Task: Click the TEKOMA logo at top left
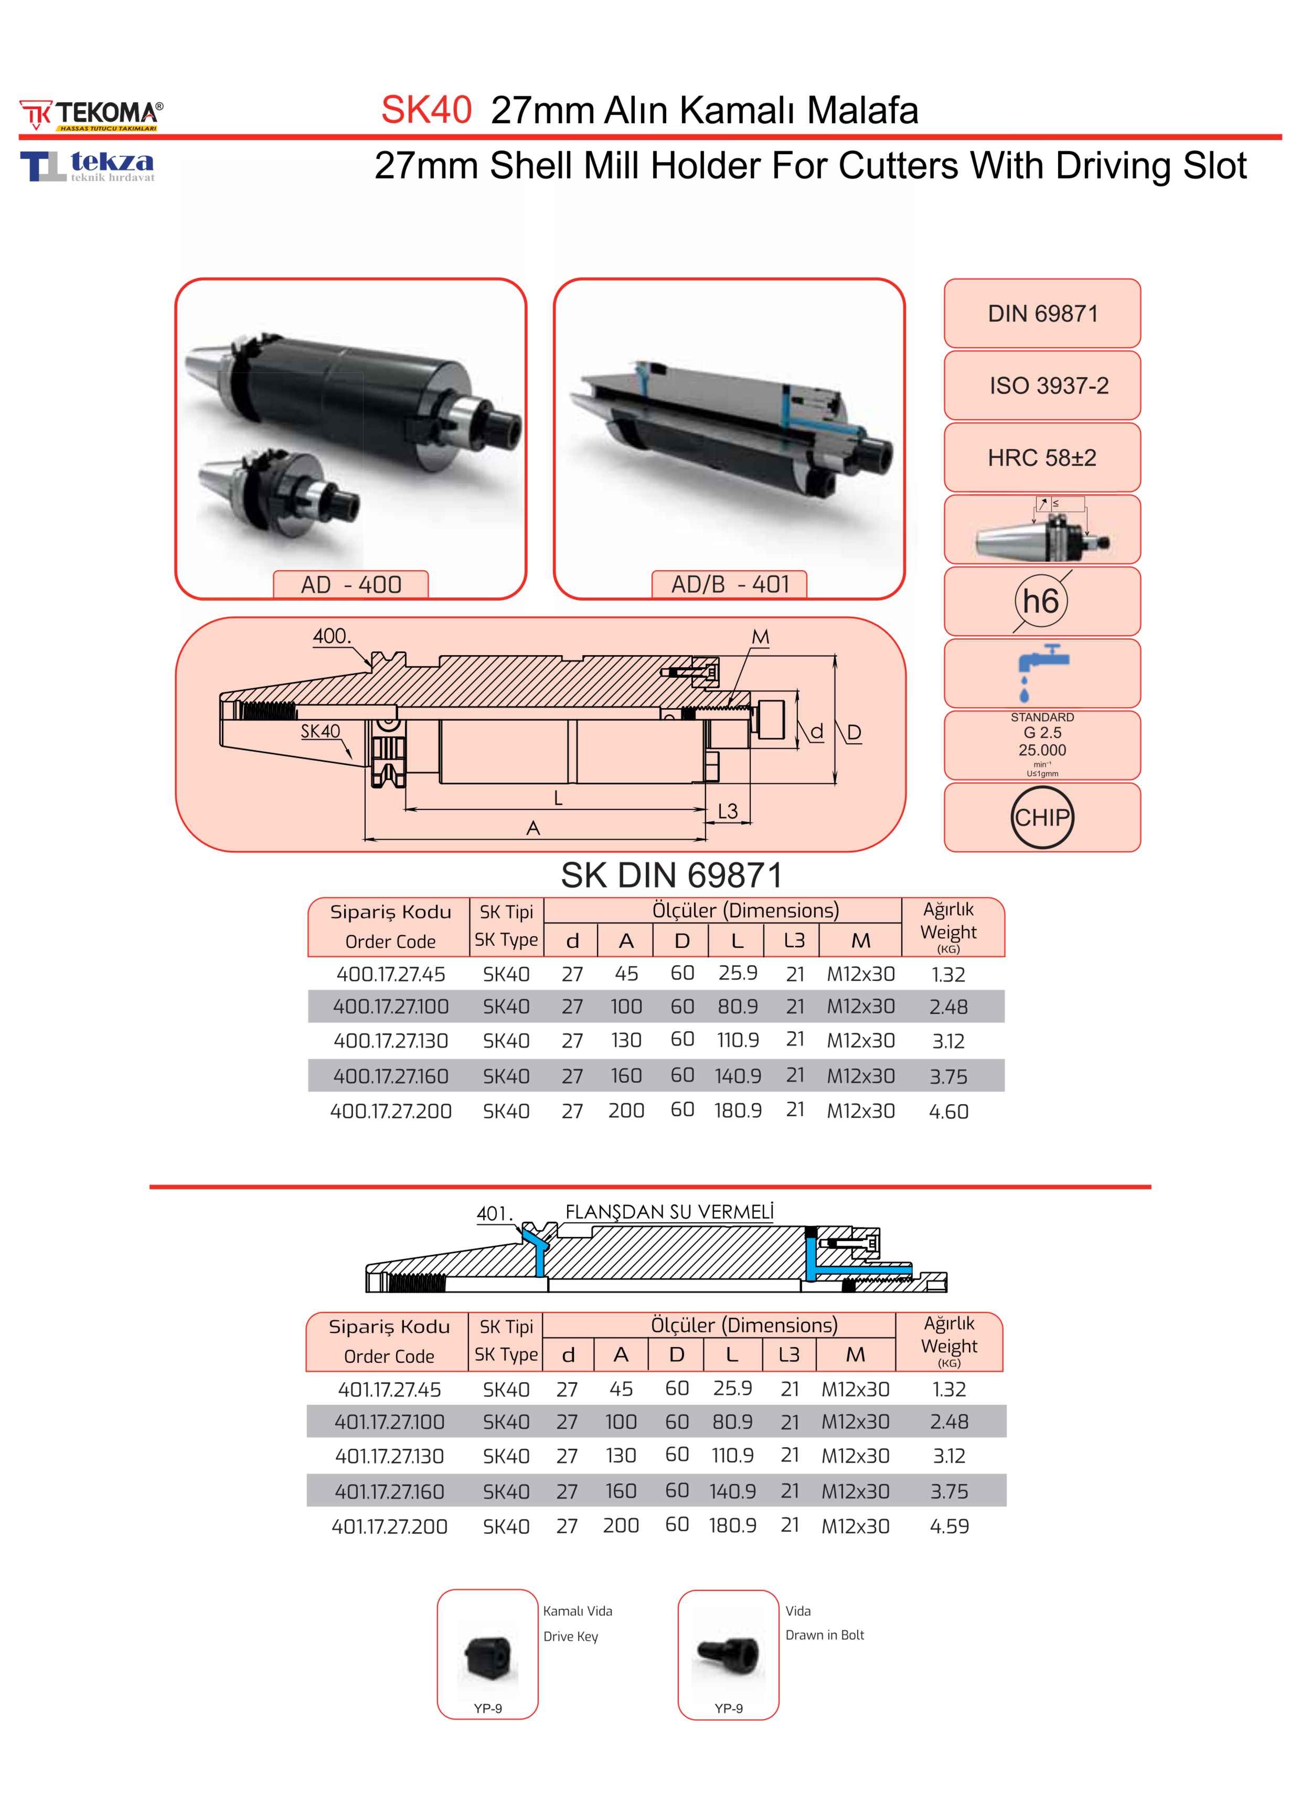(90, 114)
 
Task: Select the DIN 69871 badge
(1042, 313)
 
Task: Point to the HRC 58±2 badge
(1042, 457)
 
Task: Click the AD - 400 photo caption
(350, 584)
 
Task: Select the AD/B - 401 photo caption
(729, 584)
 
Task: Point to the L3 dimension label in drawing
(727, 811)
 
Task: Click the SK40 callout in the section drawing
(320, 731)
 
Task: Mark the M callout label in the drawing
(760, 637)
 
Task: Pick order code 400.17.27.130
(391, 1041)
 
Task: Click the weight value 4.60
(948, 1112)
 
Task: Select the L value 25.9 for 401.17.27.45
(732, 1387)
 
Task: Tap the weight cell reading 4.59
(948, 1526)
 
